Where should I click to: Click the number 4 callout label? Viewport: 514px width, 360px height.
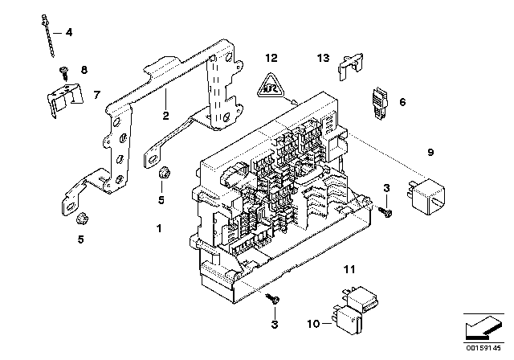point(68,33)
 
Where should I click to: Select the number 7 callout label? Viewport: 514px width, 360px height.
point(97,95)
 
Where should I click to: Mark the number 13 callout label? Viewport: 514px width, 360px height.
point(323,59)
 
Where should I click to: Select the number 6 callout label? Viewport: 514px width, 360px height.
point(402,102)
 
